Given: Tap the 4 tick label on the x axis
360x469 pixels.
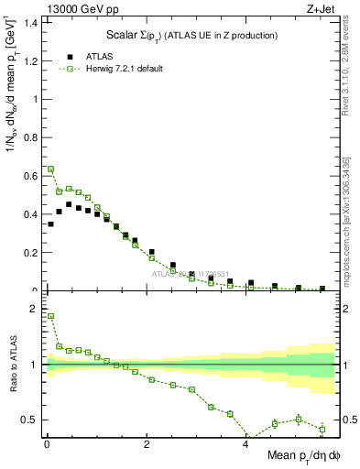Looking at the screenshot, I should (245, 445).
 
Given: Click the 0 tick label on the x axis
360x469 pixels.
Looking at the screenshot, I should (47, 445).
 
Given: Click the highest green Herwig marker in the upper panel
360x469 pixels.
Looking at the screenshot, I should (51, 169).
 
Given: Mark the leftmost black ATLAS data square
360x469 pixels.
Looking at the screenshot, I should (51, 224).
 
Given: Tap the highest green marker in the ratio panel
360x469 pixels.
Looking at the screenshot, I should (51, 316).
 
